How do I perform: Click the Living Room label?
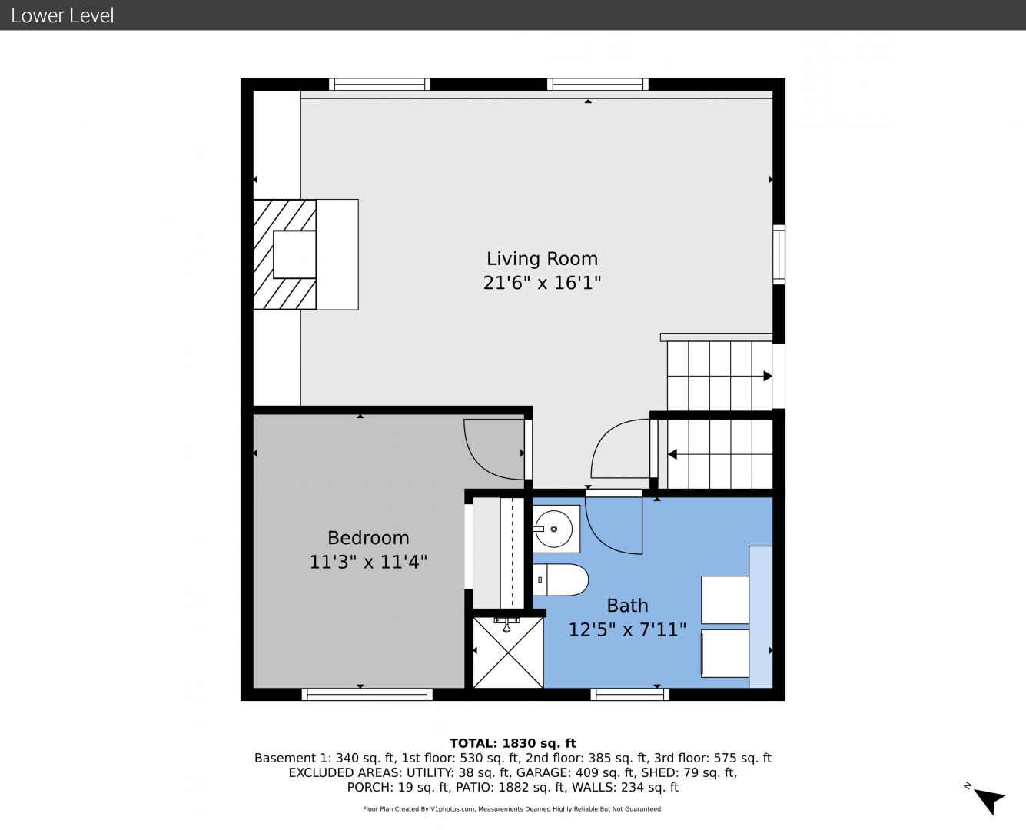pyautogui.click(x=542, y=259)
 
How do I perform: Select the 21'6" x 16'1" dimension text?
pyautogui.click(x=542, y=282)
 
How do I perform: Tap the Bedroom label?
pyautogui.click(x=368, y=538)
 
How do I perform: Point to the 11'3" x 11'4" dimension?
pyautogui.click(x=368, y=562)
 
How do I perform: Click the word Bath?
pyautogui.click(x=627, y=606)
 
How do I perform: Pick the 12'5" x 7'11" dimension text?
pyautogui.click(x=627, y=629)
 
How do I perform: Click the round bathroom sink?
pyautogui.click(x=554, y=529)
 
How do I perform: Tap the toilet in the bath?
pyautogui.click(x=560, y=580)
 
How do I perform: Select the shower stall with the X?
pyautogui.click(x=508, y=652)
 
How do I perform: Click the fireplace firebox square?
pyautogui.click(x=294, y=254)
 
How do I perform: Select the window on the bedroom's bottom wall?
pyautogui.click(x=367, y=694)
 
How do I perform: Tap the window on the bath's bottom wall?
pyautogui.click(x=630, y=694)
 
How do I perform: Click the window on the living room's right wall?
pyautogui.click(x=779, y=254)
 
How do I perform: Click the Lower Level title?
pyautogui.click(x=62, y=15)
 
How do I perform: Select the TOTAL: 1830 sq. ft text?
pyautogui.click(x=513, y=743)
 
